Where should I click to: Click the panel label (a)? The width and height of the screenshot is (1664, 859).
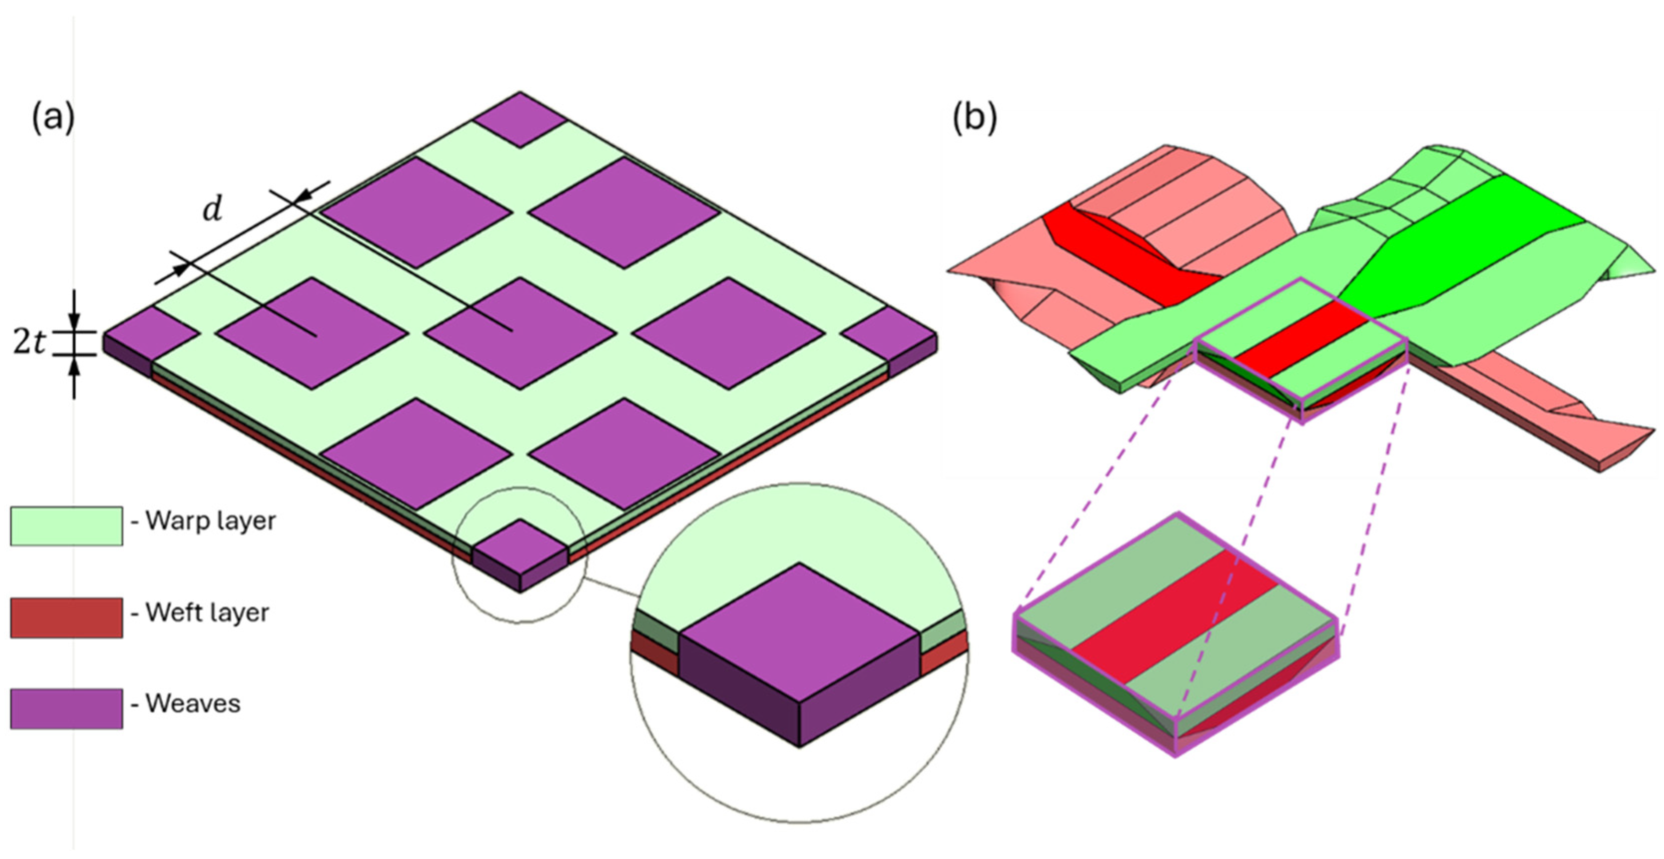pyautogui.click(x=53, y=119)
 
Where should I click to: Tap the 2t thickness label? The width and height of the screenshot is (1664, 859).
pyautogui.click(x=29, y=343)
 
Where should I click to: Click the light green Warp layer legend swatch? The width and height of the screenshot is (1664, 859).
pyautogui.click(x=66, y=526)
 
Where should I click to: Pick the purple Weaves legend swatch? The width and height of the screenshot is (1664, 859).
pyautogui.click(x=66, y=709)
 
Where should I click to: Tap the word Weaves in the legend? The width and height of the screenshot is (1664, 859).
pyautogui.click(x=193, y=703)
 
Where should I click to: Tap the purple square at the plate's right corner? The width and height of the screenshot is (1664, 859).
pyautogui.click(x=889, y=333)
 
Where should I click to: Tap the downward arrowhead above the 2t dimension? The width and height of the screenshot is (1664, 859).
pyautogui.click(x=74, y=321)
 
